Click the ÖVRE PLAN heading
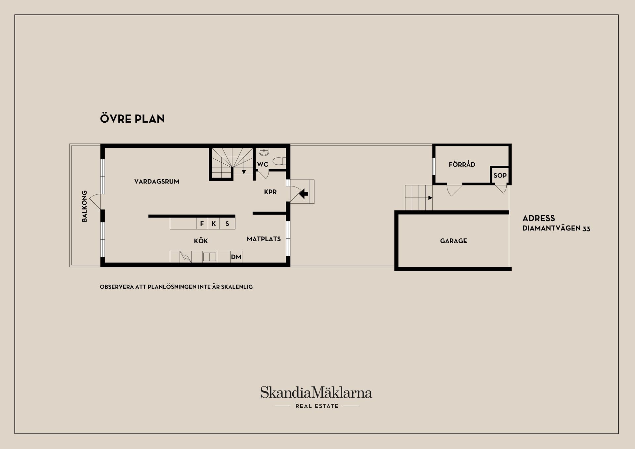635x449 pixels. coord(132,118)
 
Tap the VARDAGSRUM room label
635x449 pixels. coord(157,182)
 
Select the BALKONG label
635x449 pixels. coord(84,206)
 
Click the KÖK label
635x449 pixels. coord(201,241)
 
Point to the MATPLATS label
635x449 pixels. coord(264,239)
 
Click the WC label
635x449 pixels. coord(263,164)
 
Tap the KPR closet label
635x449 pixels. coord(270,192)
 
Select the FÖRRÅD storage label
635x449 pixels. coord(462,164)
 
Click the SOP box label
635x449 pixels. coord(500,176)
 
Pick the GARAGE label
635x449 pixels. coord(453,241)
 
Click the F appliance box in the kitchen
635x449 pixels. coord(202,224)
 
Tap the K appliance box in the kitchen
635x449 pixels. coord(214,224)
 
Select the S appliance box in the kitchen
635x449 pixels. coord(227,224)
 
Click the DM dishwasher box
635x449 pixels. coord(236,257)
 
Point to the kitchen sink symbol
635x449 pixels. coord(209,257)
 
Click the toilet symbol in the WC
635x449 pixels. coord(279,162)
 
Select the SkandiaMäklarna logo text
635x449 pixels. coord(316,392)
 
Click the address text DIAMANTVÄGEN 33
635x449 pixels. coord(556,228)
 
